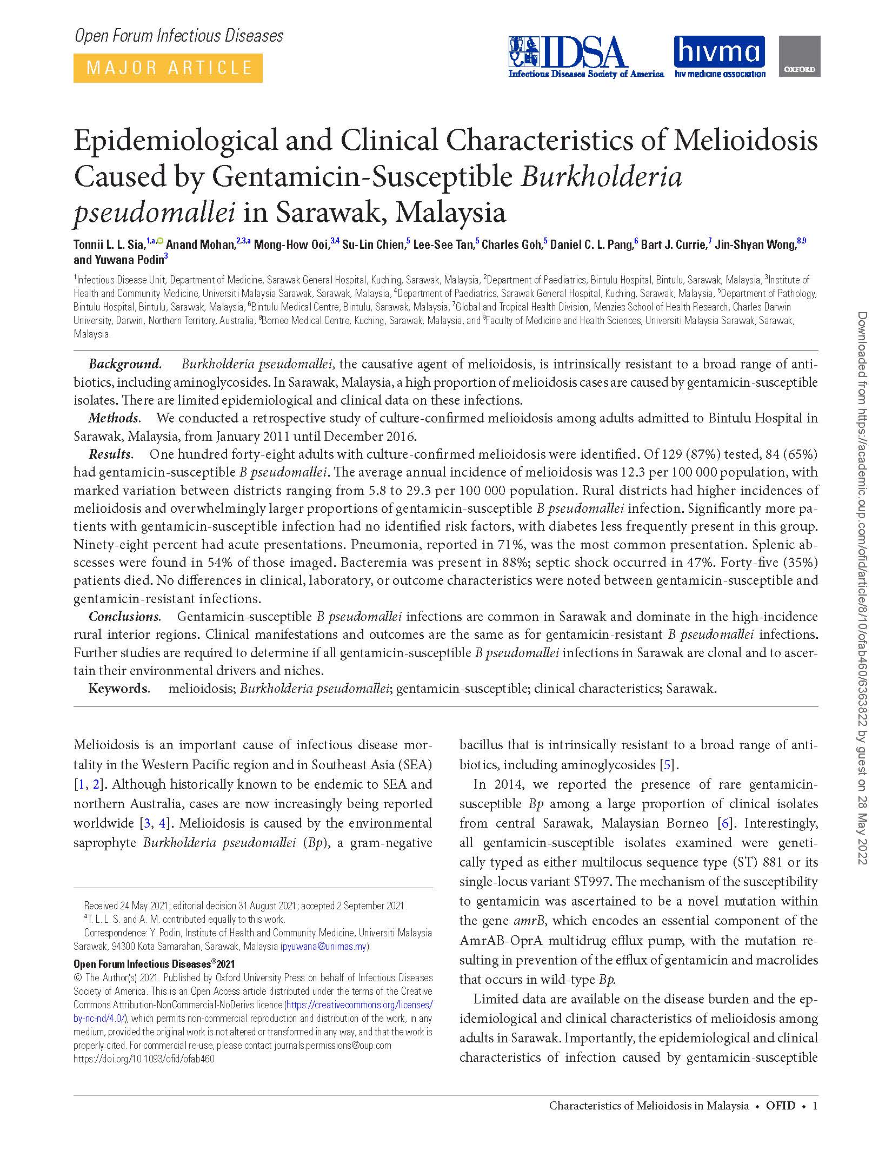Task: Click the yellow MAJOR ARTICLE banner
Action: tap(168, 68)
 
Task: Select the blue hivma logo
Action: tap(719, 57)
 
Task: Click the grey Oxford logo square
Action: tap(799, 56)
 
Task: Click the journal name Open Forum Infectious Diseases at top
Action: tap(179, 36)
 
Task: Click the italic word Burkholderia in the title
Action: tap(601, 176)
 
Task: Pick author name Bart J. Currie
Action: tap(673, 245)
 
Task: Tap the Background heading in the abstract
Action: tap(125, 364)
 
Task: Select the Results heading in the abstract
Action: tap(110, 454)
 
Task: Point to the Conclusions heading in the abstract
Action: tap(124, 617)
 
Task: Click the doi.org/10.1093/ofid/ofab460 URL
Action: tap(144, 1059)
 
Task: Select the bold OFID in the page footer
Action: tap(780, 1106)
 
